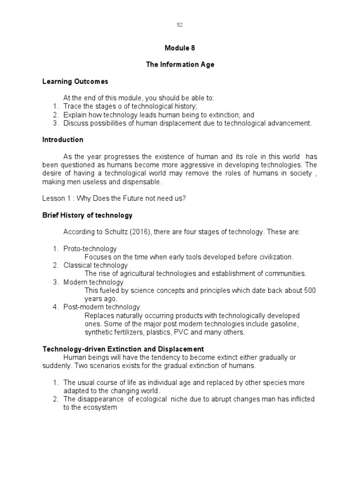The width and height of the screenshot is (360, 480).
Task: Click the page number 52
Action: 180,25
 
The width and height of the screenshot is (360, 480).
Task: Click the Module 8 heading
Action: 180,48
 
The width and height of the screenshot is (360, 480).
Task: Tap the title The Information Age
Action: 180,65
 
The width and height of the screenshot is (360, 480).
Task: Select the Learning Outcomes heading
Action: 75,82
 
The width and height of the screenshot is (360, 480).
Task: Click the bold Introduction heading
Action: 63,140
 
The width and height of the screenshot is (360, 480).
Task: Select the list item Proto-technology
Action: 90,249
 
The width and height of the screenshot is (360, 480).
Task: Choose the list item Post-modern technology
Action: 102,307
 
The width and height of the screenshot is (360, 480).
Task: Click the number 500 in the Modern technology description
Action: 310,291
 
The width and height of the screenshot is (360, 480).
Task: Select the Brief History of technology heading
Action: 87,216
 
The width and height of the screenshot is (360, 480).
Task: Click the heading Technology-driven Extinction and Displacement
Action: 123,349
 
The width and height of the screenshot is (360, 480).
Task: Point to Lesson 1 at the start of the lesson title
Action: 55,198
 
